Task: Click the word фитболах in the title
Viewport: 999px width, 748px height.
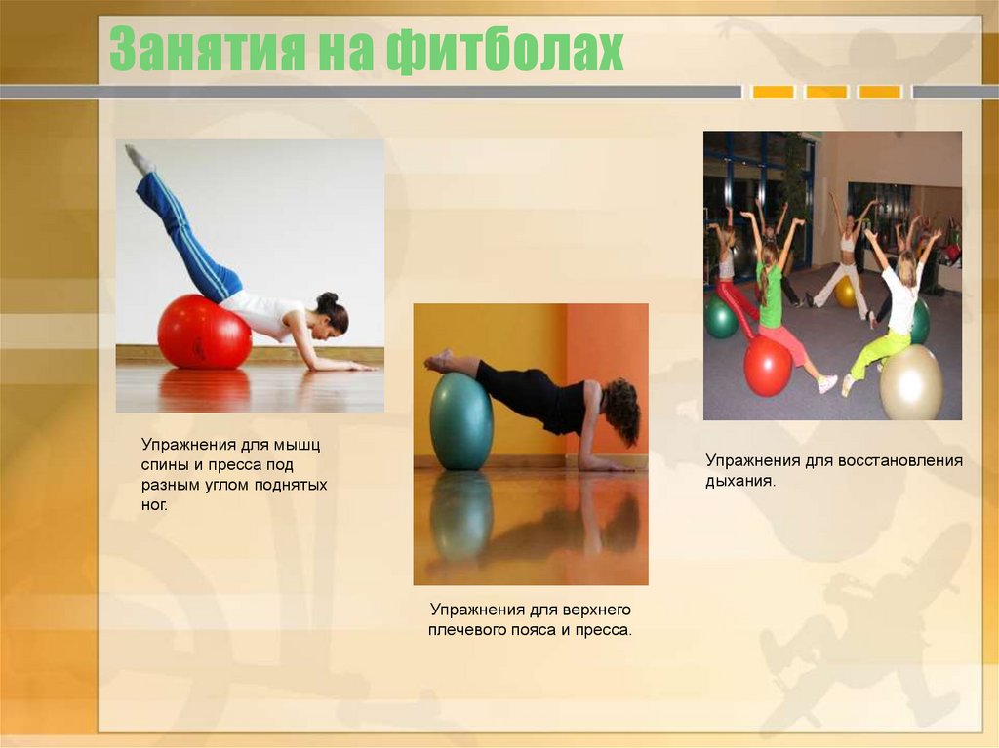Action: click(504, 51)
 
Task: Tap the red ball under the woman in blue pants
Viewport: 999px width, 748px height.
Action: click(204, 332)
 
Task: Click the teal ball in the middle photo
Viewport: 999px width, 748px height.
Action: click(460, 420)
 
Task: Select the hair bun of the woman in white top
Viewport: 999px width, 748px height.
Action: click(328, 299)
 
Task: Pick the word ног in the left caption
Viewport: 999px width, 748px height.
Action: click(154, 503)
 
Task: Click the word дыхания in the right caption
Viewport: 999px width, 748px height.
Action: click(739, 481)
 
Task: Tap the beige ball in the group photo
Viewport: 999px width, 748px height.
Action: click(911, 382)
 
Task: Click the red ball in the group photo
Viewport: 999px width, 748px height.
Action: click(768, 365)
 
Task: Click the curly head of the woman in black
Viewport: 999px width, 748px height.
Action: click(622, 409)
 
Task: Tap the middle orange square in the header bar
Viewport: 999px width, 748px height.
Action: click(826, 92)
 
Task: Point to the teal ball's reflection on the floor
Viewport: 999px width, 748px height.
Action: click(460, 517)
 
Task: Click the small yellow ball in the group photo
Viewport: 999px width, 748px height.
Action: click(845, 292)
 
